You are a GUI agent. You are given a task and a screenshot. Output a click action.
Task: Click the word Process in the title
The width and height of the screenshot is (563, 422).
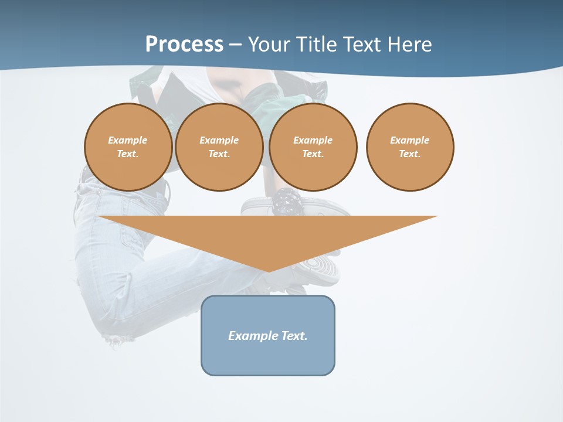184,44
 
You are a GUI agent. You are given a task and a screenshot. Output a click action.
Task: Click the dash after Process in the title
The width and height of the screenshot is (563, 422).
235,45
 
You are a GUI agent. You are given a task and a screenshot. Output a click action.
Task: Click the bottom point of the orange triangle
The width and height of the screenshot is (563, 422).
268,271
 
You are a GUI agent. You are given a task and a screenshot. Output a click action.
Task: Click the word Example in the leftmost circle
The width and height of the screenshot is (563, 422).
128,140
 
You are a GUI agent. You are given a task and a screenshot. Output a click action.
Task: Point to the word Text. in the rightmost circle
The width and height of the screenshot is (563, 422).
410,154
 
